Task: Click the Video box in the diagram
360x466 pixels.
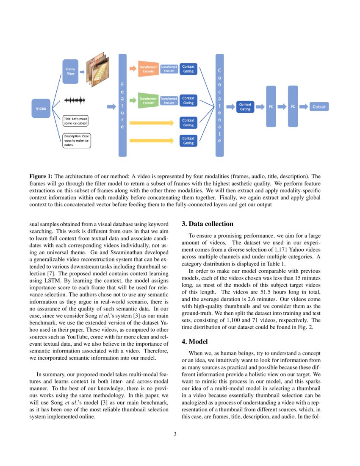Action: click(41, 108)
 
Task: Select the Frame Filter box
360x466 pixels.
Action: click(70, 71)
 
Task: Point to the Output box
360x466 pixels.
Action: click(319, 107)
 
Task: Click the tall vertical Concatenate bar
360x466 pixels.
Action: click(219, 105)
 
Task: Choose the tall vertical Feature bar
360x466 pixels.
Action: click(122, 105)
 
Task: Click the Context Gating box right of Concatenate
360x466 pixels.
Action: click(245, 107)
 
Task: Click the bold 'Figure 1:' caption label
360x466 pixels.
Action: click(41, 176)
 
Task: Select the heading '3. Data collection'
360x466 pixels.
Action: click(207, 224)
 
